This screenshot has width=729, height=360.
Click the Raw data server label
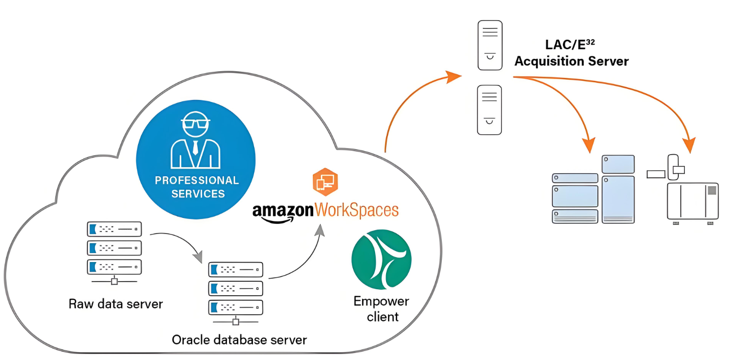[x=115, y=304]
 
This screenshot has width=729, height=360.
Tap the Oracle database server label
[x=239, y=340]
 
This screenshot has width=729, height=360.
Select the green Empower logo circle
[x=381, y=259]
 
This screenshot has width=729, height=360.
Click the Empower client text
[x=382, y=309]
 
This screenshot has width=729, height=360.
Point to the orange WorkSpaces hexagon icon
[x=325, y=181]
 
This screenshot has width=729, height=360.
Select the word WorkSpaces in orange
[x=356, y=209]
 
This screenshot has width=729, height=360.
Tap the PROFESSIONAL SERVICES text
[x=197, y=187]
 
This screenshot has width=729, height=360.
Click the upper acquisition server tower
[x=490, y=45]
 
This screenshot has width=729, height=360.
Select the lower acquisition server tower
[x=490, y=109]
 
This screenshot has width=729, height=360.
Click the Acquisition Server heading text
[x=571, y=61]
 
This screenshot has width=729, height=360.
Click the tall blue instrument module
[x=618, y=198]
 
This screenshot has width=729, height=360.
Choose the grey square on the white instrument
[x=711, y=190]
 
